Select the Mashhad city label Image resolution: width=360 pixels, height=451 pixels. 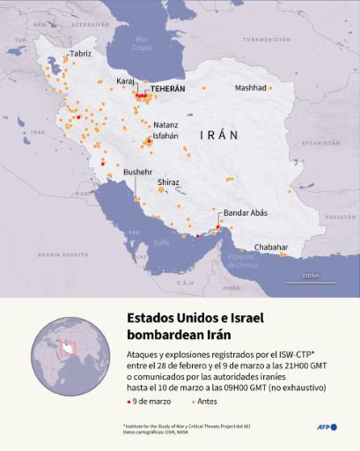pyautogui.click(x=250, y=88)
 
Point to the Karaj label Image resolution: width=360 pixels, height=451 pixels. pyautogui.click(x=126, y=80)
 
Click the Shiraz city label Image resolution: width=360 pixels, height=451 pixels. pyautogui.click(x=168, y=182)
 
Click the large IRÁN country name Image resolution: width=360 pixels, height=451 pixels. pyautogui.click(x=219, y=136)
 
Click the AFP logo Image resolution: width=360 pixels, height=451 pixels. pyautogui.click(x=327, y=427)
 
